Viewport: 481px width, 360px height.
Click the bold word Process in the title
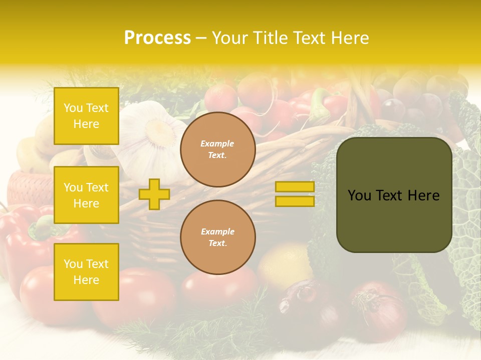[x=157, y=38]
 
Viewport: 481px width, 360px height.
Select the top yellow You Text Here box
[x=86, y=116]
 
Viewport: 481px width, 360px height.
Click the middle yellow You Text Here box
[x=86, y=195]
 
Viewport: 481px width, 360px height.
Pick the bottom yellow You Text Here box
[x=86, y=271]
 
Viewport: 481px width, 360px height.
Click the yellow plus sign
[x=154, y=194]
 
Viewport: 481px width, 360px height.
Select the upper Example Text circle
[x=217, y=149]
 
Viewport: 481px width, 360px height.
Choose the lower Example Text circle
[x=217, y=237]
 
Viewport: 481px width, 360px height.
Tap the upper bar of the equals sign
[x=295, y=187]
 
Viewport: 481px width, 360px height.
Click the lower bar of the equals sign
[x=295, y=201]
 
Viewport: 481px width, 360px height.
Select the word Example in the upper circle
[x=217, y=143]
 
